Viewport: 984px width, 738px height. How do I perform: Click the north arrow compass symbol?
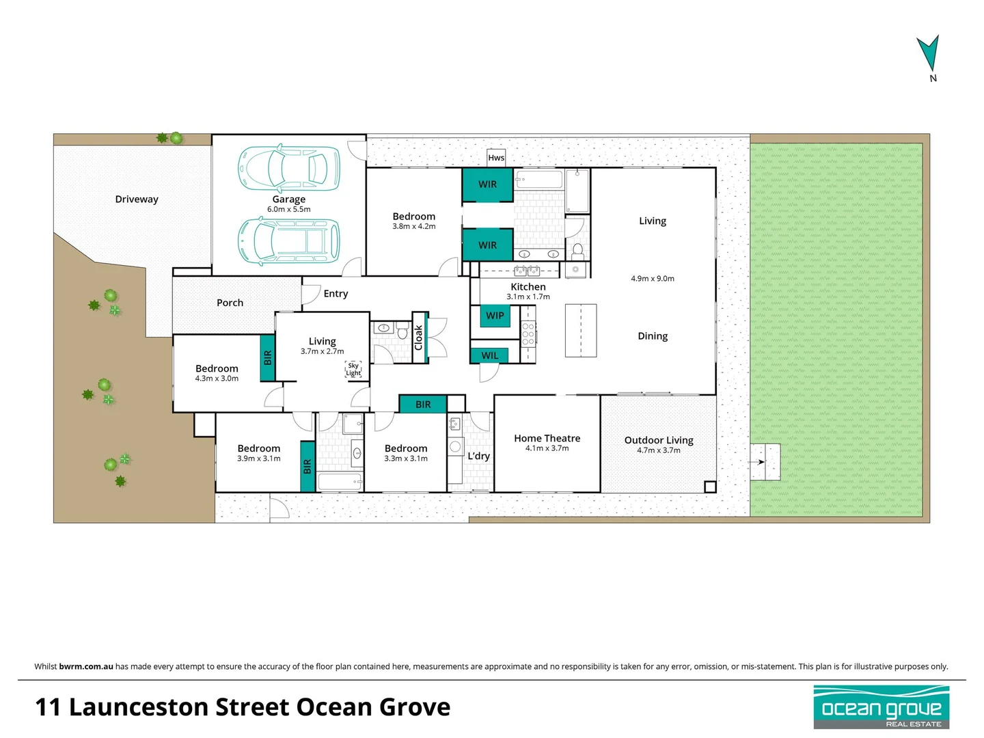pos(929,55)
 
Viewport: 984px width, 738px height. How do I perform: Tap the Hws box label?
pos(496,158)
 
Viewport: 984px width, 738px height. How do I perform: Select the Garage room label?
pos(288,199)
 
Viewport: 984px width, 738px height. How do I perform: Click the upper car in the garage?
pos(288,167)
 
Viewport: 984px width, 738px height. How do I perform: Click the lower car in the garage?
pos(288,241)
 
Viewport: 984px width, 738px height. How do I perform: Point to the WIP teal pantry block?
pos(495,316)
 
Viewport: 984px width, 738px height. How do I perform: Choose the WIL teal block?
pos(489,355)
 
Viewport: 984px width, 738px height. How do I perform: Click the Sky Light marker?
pos(353,369)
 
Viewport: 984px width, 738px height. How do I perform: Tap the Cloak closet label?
pos(419,338)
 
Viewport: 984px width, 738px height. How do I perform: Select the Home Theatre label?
pos(547,438)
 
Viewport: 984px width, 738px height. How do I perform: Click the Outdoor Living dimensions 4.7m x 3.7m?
pos(658,450)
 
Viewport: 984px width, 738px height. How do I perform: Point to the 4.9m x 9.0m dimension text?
pos(652,279)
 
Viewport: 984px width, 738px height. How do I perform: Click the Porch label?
pos(230,303)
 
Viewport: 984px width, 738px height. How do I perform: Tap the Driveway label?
pos(137,199)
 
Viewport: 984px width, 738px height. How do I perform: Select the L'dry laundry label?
pos(478,456)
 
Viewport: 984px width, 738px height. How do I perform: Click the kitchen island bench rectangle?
pos(581,331)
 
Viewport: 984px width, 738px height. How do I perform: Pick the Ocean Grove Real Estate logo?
pos(881,707)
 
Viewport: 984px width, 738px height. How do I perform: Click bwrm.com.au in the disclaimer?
pos(86,666)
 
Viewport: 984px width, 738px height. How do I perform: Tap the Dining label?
pos(653,336)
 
